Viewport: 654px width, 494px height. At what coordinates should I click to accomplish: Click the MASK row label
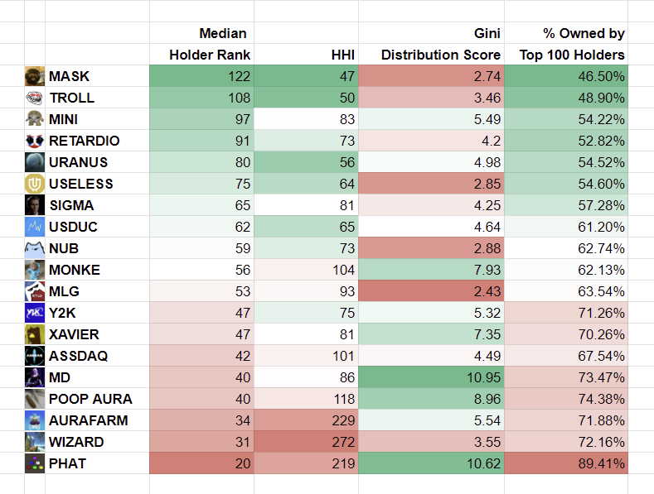point(69,76)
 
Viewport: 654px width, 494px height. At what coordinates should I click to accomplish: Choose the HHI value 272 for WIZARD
point(342,442)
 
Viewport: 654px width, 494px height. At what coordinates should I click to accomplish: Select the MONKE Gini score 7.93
point(485,270)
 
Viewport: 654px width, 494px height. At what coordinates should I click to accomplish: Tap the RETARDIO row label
point(84,141)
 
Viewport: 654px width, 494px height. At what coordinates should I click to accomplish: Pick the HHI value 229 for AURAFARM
point(342,420)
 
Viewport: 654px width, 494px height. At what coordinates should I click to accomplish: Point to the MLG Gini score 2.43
point(485,291)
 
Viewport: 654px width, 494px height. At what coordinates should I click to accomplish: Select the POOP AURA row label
point(90,399)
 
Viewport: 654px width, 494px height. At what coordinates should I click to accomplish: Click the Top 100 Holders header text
point(572,55)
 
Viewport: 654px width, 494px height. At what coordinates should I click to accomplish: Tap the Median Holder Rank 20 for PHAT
point(241,463)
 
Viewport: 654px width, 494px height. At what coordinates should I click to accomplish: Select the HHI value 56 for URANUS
point(346,162)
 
